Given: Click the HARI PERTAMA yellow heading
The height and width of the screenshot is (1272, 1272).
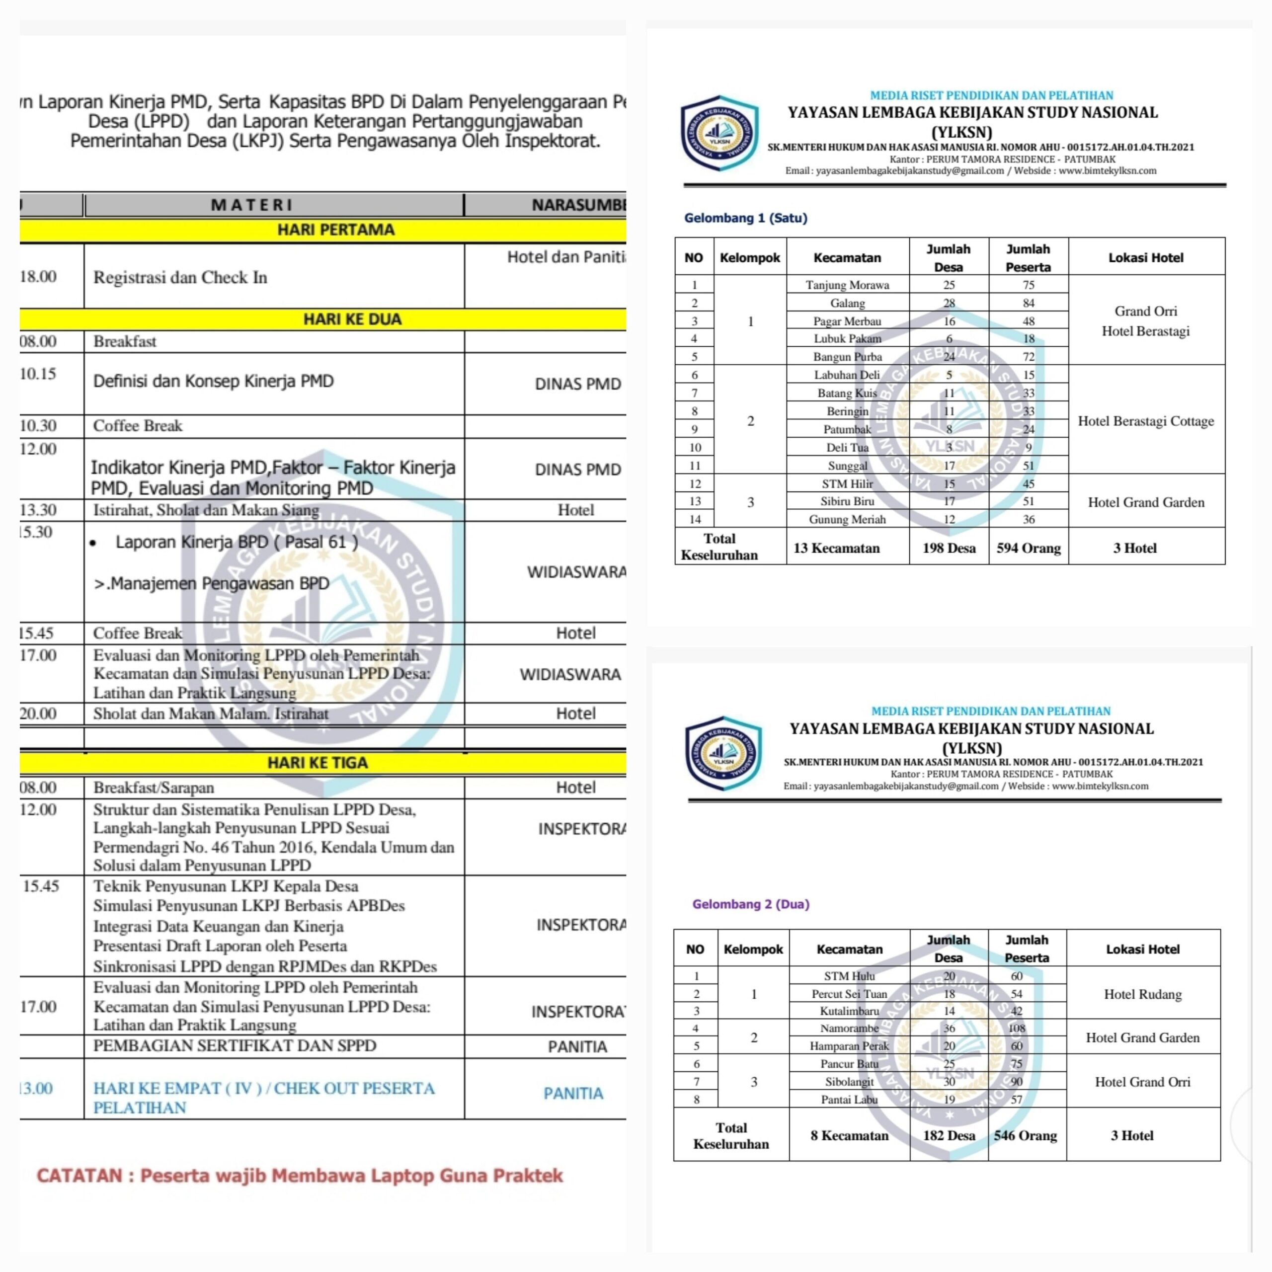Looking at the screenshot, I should (x=336, y=230).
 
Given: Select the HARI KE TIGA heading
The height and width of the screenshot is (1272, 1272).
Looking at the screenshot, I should (x=318, y=762).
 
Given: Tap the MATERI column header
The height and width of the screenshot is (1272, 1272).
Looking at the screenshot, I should (x=251, y=205).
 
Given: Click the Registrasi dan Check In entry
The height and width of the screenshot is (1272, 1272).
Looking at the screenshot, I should (x=180, y=277).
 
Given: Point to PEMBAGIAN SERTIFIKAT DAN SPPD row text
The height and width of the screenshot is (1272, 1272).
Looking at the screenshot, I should (x=235, y=1045).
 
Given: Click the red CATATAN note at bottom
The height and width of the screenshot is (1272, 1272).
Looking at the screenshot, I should (x=300, y=1175).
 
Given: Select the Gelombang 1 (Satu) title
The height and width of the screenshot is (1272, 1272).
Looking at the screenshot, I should (x=745, y=218).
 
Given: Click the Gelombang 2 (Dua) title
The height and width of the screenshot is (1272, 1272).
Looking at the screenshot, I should (x=751, y=904).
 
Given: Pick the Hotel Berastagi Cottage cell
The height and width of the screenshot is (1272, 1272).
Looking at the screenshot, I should (x=1146, y=421).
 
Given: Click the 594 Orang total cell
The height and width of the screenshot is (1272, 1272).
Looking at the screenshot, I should (x=1029, y=548).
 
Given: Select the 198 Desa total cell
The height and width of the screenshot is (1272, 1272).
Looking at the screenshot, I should (x=949, y=548).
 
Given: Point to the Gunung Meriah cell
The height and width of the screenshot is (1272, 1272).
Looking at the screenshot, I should (x=847, y=519).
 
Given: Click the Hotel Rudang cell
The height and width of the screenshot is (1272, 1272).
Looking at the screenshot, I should (x=1142, y=994).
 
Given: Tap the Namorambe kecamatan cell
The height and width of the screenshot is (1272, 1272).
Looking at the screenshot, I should (x=849, y=1028).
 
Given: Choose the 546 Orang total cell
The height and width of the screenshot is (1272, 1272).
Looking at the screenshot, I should (x=1026, y=1135).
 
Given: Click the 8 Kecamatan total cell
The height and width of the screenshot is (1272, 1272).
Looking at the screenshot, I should (x=849, y=1135).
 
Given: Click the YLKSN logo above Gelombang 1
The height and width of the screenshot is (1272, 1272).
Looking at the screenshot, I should (x=719, y=133).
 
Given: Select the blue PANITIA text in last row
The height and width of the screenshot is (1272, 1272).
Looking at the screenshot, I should (x=573, y=1094).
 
